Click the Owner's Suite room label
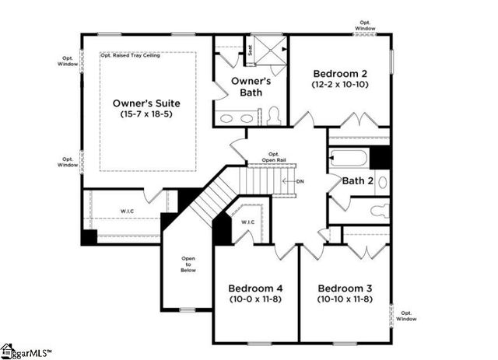point(146,103)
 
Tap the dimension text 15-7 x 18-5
point(146,114)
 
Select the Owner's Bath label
point(250,86)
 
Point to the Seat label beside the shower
point(249,51)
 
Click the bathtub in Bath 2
point(349,159)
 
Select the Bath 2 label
point(359,181)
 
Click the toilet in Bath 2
point(378,210)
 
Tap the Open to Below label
point(188,264)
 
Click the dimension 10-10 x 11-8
point(343,299)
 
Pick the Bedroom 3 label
point(343,286)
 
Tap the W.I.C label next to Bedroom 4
point(247,222)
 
